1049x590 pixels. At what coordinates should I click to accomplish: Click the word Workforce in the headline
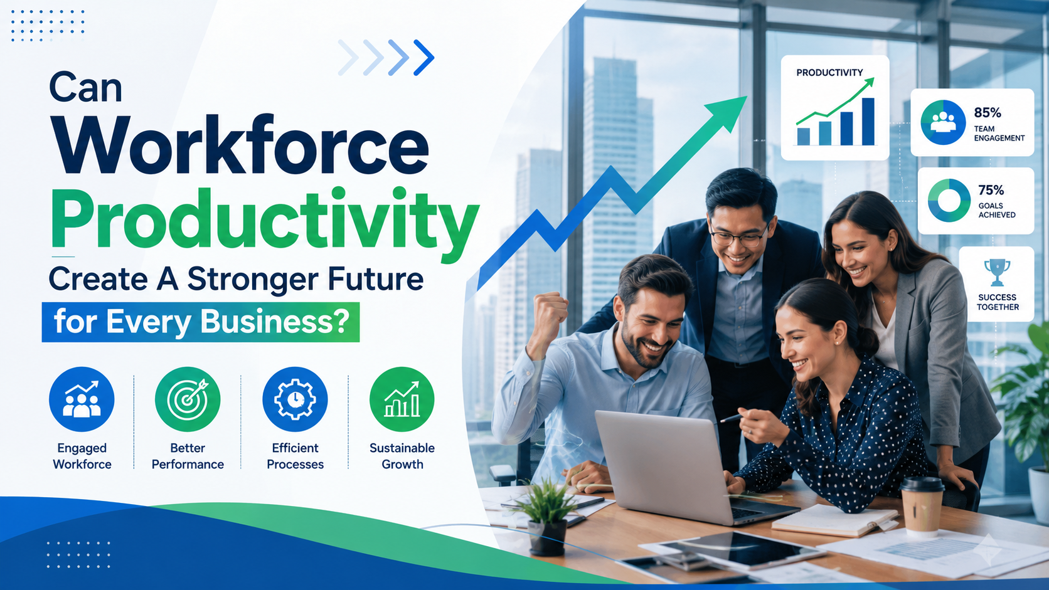tap(239, 145)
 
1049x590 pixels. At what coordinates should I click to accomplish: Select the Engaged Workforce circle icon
tap(82, 399)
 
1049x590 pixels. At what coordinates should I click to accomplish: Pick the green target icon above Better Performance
tap(188, 399)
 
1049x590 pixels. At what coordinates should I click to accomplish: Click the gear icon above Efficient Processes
tap(295, 399)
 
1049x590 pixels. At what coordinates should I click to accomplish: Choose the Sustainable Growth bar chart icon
tap(402, 399)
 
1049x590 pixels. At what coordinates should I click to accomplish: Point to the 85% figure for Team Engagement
tap(987, 113)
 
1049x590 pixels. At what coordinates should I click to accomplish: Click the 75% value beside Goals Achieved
tap(991, 190)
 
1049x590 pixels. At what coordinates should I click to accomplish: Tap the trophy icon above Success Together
tap(997, 272)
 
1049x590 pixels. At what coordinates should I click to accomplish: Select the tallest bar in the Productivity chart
tap(868, 122)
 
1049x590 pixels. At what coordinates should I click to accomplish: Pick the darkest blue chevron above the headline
tap(424, 58)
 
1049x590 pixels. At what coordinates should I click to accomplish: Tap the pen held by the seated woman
tap(733, 418)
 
